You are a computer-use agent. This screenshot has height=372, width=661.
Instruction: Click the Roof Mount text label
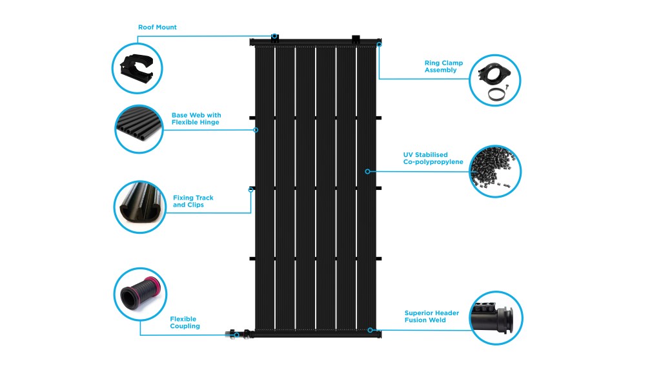[x=157, y=28]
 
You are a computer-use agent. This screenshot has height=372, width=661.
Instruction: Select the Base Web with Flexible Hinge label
[x=196, y=119]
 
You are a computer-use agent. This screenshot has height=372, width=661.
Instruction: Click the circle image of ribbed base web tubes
[x=138, y=129]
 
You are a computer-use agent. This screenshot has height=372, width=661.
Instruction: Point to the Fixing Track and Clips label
[x=193, y=201]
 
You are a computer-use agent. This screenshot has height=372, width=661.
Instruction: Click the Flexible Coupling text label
[x=185, y=322]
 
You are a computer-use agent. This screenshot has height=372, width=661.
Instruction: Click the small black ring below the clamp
[x=494, y=94]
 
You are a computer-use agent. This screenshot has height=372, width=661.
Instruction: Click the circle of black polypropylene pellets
[x=495, y=171]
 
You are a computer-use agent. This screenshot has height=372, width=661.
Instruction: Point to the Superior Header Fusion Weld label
[x=431, y=316]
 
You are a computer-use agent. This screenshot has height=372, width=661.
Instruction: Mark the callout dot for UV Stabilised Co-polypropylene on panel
[x=367, y=171]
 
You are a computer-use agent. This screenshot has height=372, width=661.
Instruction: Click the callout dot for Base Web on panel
[x=256, y=130]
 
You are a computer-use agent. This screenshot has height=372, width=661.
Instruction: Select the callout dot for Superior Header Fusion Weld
[x=371, y=330]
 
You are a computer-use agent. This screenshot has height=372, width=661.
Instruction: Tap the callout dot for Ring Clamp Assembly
[x=379, y=45]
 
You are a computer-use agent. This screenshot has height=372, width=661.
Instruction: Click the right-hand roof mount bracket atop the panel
[x=356, y=39]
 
